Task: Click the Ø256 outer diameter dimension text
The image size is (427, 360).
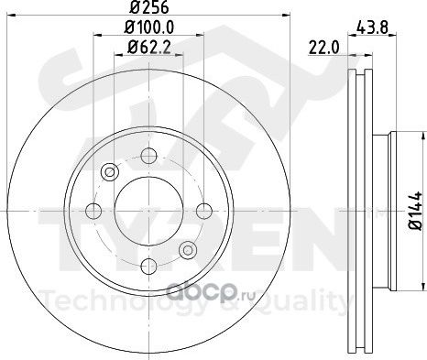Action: pyautogui.click(x=149, y=7)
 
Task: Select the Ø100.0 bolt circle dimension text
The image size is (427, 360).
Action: pyautogui.click(x=149, y=27)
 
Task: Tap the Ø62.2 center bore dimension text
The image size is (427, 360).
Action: pyautogui.click(x=149, y=48)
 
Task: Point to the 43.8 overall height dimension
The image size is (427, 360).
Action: pyautogui.click(x=372, y=28)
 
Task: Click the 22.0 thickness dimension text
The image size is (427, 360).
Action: pyautogui.click(x=324, y=48)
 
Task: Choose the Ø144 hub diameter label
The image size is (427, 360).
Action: pyautogui.click(x=416, y=211)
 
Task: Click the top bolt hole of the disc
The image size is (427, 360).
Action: pyautogui.click(x=148, y=156)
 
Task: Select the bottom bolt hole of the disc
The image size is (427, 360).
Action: pyautogui.click(x=148, y=266)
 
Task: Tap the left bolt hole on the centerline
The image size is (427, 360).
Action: pyautogui.click(x=93, y=211)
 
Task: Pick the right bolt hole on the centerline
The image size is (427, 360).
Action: pyautogui.click(x=204, y=211)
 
